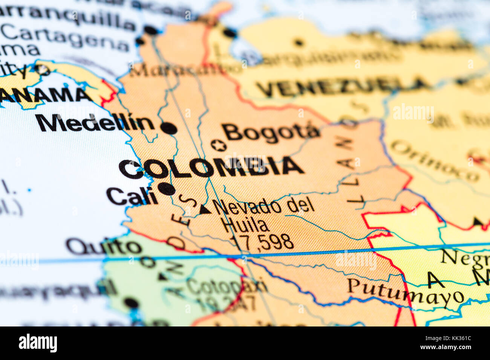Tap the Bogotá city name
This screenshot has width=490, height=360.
click(x=271, y=133)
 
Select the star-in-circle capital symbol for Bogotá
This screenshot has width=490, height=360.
click(x=219, y=145)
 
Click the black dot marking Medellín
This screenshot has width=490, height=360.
click(x=169, y=128)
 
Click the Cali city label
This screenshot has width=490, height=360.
click(x=132, y=196)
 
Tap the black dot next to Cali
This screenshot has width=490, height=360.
click(x=166, y=188)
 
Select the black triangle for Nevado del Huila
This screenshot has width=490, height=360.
click(x=205, y=209)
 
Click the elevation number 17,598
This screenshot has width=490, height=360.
click(x=262, y=242)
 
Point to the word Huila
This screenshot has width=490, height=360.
click(x=245, y=225)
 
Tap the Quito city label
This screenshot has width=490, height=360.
click(x=104, y=247)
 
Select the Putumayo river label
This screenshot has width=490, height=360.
click(x=405, y=291)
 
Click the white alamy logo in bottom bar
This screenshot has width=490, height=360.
click(x=38, y=343)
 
